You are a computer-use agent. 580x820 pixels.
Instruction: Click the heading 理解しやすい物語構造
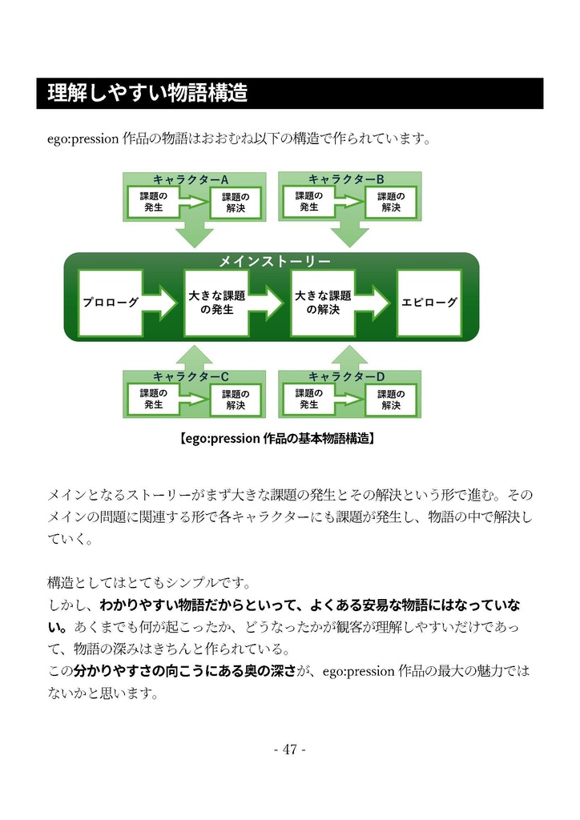coord(147,94)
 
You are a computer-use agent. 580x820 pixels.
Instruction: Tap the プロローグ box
coord(111,303)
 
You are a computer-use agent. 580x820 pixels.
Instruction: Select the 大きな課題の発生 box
coord(216,303)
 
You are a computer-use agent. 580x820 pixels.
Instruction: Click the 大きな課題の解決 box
coord(323,302)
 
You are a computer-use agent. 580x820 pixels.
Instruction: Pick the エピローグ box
coord(429,303)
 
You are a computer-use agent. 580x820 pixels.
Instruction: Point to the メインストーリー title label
coord(275,261)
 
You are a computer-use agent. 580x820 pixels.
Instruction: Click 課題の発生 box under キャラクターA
coord(153,201)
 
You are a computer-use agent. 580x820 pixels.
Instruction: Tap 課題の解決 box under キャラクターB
coord(391,202)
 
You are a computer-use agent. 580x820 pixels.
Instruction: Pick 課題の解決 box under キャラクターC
coord(236,400)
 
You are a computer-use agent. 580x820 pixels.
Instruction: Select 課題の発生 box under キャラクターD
coord(309,399)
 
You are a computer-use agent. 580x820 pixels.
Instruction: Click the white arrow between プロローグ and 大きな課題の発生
coord(163,303)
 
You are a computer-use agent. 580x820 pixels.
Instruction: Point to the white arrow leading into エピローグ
coord(376,303)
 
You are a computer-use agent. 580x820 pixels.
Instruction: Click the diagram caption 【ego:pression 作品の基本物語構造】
coord(274,439)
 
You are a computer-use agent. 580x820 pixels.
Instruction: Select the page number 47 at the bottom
coord(289,750)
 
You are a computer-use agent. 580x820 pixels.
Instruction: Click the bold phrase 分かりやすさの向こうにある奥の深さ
coord(184,669)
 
